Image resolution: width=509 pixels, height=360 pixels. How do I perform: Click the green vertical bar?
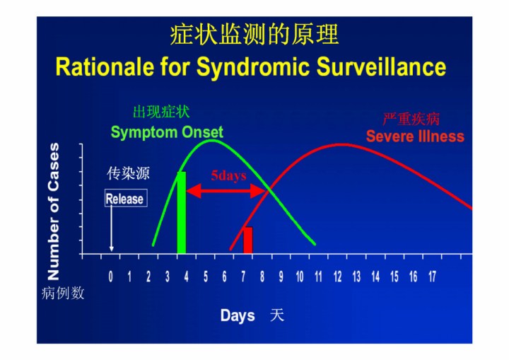pos(182,212)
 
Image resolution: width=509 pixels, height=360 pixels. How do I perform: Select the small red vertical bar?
pos(248,240)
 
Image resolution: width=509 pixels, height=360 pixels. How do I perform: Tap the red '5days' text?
pos(228,176)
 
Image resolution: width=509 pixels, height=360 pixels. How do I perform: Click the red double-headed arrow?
pos(226,191)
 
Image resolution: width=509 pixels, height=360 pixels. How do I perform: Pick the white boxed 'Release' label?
pos(126,198)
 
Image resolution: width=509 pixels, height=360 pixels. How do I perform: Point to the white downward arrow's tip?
pos(112,251)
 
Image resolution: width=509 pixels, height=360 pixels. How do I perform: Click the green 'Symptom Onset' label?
pos(167,132)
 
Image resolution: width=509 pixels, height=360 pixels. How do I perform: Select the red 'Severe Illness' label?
pos(415,136)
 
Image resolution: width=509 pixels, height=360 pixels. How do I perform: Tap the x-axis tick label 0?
pos(111,277)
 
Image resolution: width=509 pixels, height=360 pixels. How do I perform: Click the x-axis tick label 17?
pos(432,277)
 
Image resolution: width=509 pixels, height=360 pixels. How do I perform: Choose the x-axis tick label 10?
pos(300,277)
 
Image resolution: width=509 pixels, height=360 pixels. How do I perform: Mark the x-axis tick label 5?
pos(206,277)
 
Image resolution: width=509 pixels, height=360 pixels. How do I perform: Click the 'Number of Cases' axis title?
pos(54,211)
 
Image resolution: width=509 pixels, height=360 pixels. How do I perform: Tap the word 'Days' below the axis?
pos(238,316)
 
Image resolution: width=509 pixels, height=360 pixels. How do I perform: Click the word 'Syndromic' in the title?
pos(252,67)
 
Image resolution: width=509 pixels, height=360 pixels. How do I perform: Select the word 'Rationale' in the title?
pos(105,67)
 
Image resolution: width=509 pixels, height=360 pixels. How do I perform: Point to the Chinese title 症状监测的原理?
pos(255,35)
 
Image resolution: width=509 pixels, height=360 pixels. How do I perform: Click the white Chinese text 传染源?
pos(128,173)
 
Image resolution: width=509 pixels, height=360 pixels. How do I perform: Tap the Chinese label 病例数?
pos(63,293)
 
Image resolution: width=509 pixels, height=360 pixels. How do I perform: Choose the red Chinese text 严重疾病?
pos(411,120)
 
